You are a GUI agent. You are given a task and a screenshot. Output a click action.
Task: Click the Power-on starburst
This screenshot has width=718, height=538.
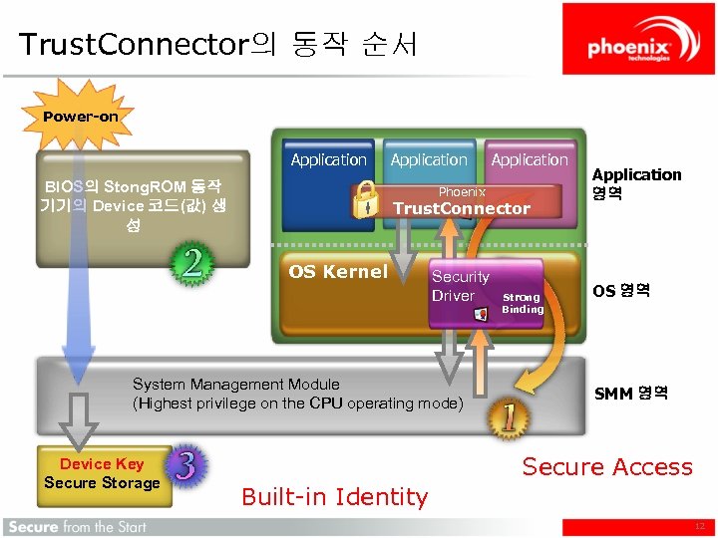coord(80,117)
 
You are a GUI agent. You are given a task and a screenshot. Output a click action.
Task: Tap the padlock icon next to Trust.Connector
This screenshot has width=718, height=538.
coord(367,198)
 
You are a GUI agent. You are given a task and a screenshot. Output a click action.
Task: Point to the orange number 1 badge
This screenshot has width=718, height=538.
coord(508,417)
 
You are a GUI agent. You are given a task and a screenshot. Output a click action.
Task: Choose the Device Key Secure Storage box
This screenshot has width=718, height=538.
coord(102,474)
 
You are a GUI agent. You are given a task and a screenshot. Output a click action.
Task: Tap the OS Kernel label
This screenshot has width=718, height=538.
coord(338,272)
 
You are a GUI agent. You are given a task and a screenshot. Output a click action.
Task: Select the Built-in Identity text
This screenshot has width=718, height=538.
coord(335,496)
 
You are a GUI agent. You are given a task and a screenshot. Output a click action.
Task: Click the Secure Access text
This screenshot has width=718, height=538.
coord(607,466)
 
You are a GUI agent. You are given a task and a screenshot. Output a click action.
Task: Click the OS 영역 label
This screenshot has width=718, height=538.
coord(621,291)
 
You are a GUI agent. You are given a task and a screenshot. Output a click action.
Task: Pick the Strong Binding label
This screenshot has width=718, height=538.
coord(523,303)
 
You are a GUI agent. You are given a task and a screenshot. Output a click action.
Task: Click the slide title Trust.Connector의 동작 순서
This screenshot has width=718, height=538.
coord(217,45)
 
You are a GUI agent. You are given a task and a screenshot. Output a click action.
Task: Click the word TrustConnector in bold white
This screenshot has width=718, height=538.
coord(462,208)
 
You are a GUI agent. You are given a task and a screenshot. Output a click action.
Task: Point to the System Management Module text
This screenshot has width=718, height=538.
coord(297,394)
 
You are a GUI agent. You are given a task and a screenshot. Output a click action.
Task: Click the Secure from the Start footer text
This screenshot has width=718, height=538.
coord(76,527)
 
